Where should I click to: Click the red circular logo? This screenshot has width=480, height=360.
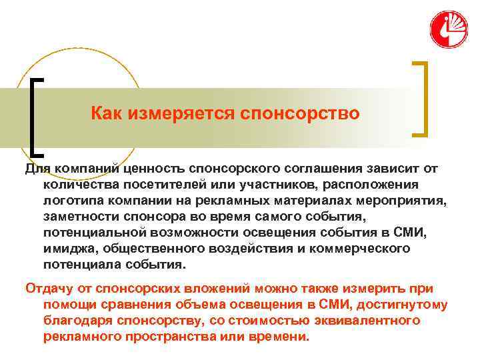(x=448, y=29)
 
